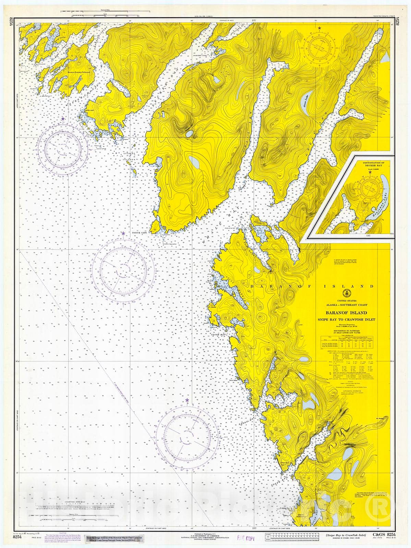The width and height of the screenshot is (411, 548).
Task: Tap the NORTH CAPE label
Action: [x=140, y=232]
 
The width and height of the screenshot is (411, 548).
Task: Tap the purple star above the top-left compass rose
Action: [x=63, y=119]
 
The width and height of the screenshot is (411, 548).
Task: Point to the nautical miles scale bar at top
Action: [x=99, y=12]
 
